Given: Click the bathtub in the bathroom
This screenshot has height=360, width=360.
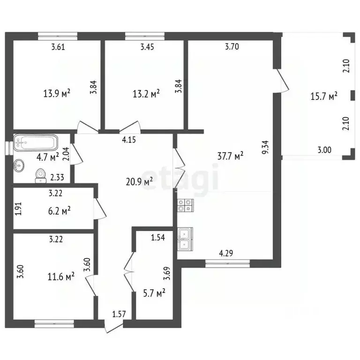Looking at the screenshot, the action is coord(36,142).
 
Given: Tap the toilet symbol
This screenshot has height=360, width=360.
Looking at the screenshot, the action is coord(41,176).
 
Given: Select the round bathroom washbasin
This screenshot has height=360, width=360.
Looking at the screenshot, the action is coord(19,165).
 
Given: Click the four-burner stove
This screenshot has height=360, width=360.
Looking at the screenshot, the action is coord(186,205).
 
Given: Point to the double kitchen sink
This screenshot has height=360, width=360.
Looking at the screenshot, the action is coord(185,239).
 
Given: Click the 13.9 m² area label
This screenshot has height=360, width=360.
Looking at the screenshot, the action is coord(57,93).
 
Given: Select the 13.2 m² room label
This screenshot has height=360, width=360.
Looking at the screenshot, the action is coord(146,94).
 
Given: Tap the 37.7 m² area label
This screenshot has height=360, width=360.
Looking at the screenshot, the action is coord(230,156).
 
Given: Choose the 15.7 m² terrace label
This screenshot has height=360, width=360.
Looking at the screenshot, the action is coord(324,96).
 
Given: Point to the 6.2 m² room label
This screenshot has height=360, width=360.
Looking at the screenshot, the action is coord(59,210).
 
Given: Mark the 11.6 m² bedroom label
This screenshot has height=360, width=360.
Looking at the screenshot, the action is coord(61,277).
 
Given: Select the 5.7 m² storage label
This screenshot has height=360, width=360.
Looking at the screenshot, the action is coord(154,293).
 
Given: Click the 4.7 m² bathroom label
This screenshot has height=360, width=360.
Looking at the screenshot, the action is coord(48,157).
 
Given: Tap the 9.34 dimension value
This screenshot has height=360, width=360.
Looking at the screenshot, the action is coord(265,147).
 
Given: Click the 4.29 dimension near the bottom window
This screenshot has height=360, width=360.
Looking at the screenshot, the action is coord(226,253).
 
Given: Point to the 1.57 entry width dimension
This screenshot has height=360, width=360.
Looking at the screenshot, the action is coord(119,314).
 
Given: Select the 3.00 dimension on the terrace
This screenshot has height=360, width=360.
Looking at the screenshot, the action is coord(325,150).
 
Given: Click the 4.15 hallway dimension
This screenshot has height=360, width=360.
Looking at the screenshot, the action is coord(129,140).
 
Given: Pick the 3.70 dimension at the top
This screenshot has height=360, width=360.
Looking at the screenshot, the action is coord(232,46).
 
